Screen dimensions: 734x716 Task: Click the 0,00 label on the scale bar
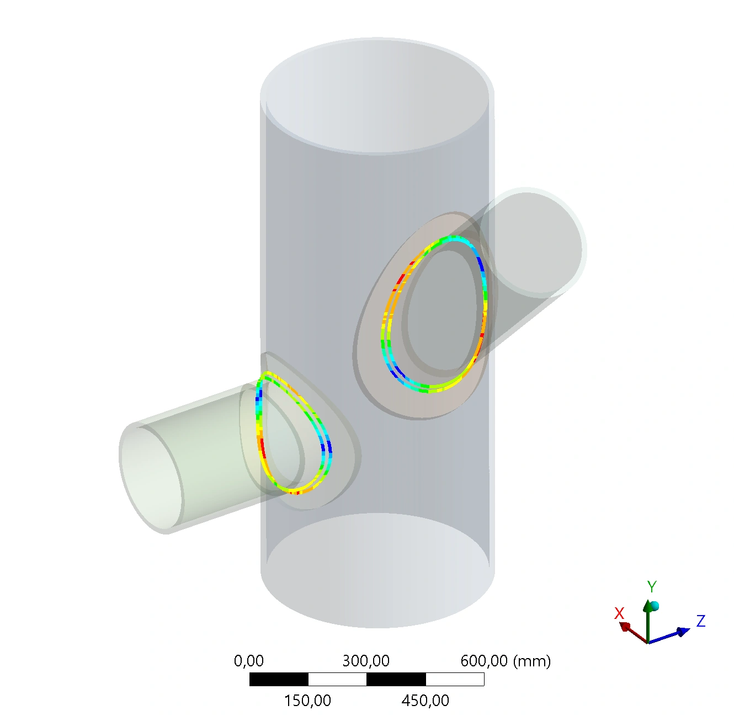[248, 661]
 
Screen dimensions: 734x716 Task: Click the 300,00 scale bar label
[366, 661]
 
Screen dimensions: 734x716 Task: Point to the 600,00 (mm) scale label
[506, 661]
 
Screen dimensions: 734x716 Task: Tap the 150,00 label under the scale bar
[307, 701]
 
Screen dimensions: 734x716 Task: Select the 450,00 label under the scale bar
[425, 701]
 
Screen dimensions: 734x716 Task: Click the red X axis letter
[619, 613]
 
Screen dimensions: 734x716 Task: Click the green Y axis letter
[652, 587]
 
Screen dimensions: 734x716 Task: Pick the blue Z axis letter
[701, 621]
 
